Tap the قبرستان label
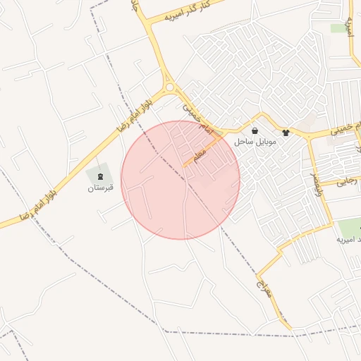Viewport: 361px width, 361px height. tap(101, 188)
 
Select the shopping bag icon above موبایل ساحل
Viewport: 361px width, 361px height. tap(255, 130)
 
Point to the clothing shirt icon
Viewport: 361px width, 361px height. tap(286, 131)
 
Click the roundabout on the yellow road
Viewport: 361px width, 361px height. tap(170, 87)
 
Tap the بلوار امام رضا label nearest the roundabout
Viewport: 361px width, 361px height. tap(135, 111)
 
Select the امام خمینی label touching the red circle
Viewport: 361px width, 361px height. tap(189, 106)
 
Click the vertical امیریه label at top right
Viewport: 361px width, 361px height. tap(349, 27)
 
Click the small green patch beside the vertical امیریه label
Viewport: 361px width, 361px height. tap(337, 28)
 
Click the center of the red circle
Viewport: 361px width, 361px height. tap(180, 180)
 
